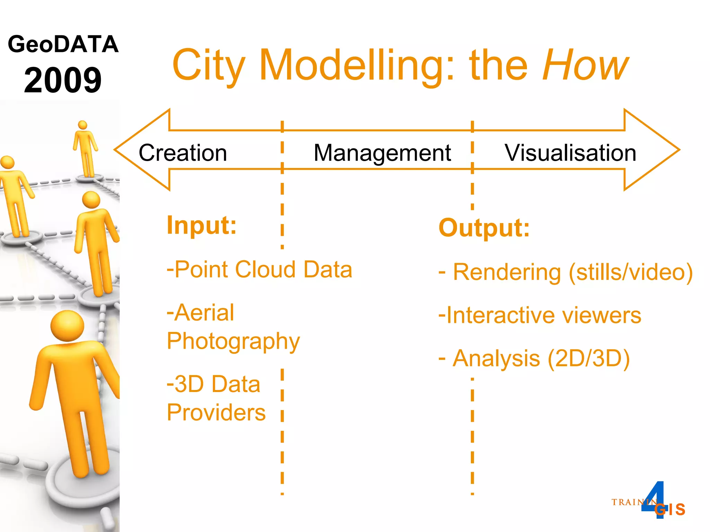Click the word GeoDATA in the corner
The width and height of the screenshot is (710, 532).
pos(63,44)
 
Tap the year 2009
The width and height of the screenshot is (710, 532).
pos(63,80)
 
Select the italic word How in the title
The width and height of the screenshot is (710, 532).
pos(585,65)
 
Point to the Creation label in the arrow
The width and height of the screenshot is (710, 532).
pos(183,153)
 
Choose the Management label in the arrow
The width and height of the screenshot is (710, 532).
pos(382,153)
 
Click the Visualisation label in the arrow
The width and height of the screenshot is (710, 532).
pos(570,153)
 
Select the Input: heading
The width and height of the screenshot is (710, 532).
pos(201,225)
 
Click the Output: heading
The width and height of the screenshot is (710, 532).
pos(484,228)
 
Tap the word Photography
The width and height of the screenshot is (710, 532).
pos(233,342)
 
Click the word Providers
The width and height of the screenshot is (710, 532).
pos(216,413)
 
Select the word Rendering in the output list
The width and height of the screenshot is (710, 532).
pos(507,272)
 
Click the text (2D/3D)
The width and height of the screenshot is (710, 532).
pos(589,358)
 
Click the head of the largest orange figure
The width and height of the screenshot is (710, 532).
pos(67,326)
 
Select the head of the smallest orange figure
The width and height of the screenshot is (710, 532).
pos(83,125)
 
